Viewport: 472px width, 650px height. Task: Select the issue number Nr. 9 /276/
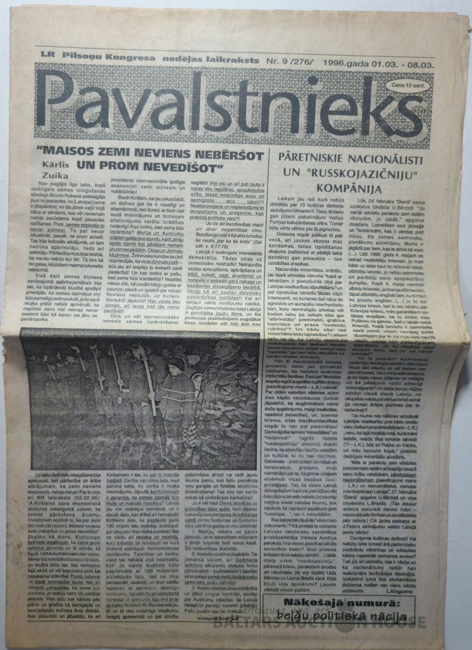[x=289, y=56]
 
